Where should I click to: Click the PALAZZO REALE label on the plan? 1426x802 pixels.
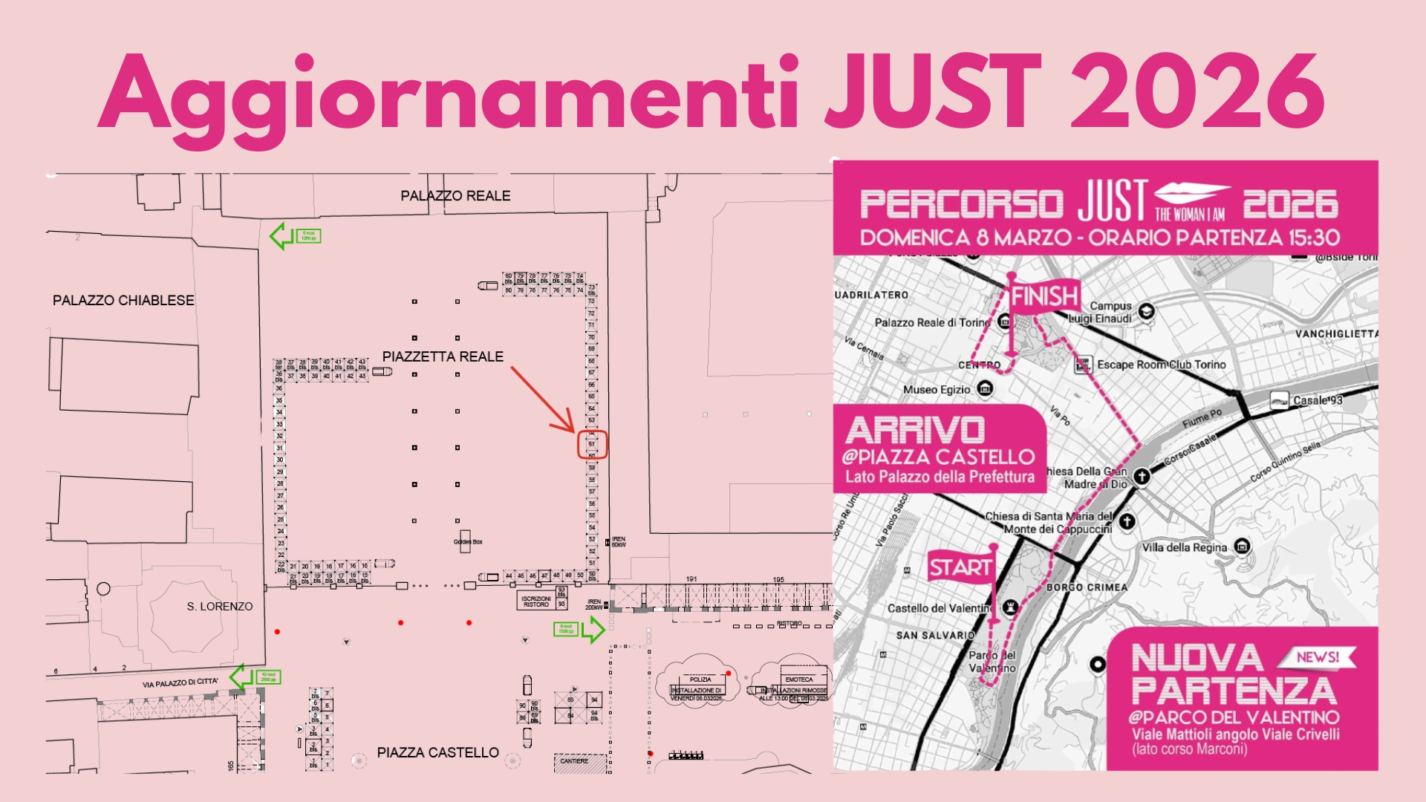pyautogui.click(x=455, y=196)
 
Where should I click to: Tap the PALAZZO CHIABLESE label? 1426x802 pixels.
pyautogui.click(x=123, y=301)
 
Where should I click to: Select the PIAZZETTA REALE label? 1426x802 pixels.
pyautogui.click(x=443, y=357)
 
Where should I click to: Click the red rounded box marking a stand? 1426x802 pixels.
pyautogui.click(x=593, y=445)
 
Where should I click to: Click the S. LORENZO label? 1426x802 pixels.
pyautogui.click(x=220, y=607)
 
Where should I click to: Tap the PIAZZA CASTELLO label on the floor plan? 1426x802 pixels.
pyautogui.click(x=437, y=753)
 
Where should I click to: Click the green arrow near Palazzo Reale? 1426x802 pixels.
pyautogui.click(x=281, y=236)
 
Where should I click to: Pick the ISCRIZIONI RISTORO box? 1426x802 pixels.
pyautogui.click(x=536, y=601)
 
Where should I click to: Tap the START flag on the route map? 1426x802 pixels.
pyautogui.click(x=960, y=568)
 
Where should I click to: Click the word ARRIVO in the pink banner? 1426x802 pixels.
pyautogui.click(x=915, y=431)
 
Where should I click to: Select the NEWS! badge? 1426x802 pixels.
pyautogui.click(x=1317, y=657)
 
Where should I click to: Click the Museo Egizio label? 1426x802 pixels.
pyautogui.click(x=937, y=390)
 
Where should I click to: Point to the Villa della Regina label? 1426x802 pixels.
pyautogui.click(x=1184, y=548)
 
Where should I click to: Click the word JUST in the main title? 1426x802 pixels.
pyautogui.click(x=932, y=93)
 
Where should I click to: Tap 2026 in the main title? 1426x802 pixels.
pyautogui.click(x=1197, y=93)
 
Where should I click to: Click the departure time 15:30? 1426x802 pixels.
pyautogui.click(x=1314, y=238)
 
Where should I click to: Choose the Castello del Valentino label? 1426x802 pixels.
pyautogui.click(x=940, y=609)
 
